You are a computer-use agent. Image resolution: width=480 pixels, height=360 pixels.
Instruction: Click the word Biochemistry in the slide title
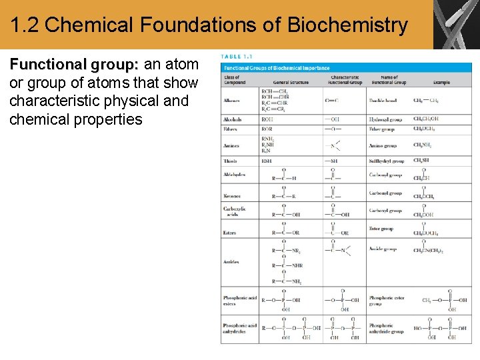click(347, 25)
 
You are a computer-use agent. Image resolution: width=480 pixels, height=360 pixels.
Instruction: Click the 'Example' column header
click(441, 82)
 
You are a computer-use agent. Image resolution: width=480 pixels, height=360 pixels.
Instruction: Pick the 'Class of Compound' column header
click(235, 80)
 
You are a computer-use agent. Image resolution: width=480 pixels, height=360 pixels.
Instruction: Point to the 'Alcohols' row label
click(233, 119)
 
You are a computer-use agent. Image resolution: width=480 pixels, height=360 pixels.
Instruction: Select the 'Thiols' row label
click(231, 161)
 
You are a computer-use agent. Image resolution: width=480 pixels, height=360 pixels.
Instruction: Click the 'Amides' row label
click(232, 262)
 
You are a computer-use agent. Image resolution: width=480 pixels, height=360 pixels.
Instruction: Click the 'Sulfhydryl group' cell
click(387, 161)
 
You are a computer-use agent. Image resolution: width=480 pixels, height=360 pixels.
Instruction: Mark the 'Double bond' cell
click(383, 101)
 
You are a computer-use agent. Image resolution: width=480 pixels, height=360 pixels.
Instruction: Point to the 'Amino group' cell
click(383, 145)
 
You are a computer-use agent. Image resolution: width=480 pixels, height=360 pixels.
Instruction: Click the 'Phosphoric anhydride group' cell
click(387, 328)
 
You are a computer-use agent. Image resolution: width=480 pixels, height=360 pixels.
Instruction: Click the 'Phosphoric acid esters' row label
click(239, 301)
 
